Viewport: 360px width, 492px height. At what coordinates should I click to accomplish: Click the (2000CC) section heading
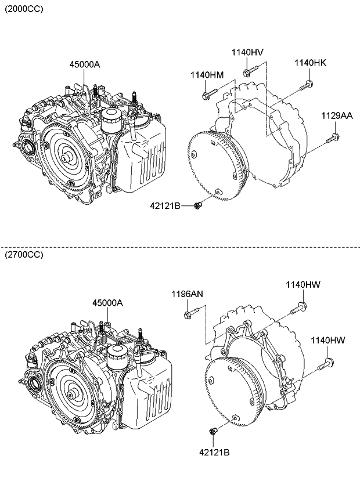click(24, 10)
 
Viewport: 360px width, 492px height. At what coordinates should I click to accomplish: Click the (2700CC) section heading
click(24, 255)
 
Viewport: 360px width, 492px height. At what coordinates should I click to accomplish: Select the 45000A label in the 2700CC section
click(107, 303)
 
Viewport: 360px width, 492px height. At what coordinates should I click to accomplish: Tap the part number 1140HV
click(247, 52)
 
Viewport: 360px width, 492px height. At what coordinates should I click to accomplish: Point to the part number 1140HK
click(310, 63)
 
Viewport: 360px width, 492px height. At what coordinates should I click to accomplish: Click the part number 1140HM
click(207, 75)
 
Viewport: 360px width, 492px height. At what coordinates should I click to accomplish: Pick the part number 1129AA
click(337, 116)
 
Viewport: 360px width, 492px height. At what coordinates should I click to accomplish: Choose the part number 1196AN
click(186, 294)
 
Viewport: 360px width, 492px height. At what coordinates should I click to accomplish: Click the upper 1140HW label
click(303, 284)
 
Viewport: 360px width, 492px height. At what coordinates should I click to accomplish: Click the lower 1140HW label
click(327, 341)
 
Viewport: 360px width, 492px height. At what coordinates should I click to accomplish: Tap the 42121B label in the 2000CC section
click(165, 205)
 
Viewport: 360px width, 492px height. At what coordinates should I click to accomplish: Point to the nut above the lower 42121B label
click(213, 430)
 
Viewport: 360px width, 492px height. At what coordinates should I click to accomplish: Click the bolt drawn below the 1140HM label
click(209, 92)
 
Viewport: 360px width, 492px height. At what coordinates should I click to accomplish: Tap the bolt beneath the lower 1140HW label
click(326, 364)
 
